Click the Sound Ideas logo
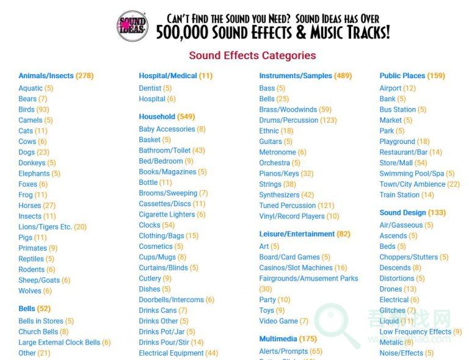coord(132,26)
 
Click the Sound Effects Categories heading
coord(252,56)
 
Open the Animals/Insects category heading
coord(46,76)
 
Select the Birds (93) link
coord(26,110)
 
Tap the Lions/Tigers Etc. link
coord(45,227)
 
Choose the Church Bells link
coord(38,332)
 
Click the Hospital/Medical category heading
coord(168,76)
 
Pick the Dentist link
coord(150,88)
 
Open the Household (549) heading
coord(157,117)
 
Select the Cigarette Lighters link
coord(167,215)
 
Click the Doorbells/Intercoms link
coord(171,300)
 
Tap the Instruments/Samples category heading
coord(296,76)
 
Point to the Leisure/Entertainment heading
coord(297,234)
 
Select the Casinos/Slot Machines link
coord(296,268)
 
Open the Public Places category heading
coord(402,76)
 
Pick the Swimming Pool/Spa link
coord(412,174)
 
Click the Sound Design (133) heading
coord(402,213)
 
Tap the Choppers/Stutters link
coord(409,257)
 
